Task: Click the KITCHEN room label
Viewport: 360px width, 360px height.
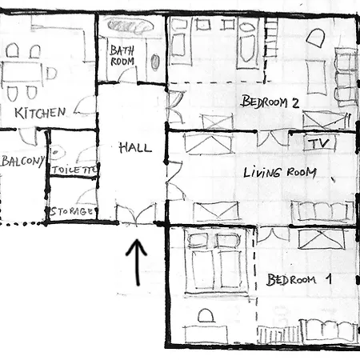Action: [x=40, y=113]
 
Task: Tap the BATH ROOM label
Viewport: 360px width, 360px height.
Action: [x=122, y=56]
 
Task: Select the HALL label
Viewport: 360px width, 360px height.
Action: [x=135, y=147]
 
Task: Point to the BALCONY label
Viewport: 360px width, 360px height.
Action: [x=22, y=161]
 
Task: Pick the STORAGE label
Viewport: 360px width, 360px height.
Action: [x=72, y=211]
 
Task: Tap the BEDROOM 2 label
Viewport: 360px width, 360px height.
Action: [x=270, y=102]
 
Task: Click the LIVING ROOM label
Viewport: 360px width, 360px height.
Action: [x=280, y=172]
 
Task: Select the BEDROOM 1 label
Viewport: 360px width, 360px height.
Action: [x=299, y=280]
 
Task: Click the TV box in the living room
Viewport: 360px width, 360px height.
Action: [x=320, y=144]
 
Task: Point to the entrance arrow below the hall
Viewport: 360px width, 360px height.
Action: [x=137, y=262]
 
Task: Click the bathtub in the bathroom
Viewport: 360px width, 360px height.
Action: [x=130, y=26]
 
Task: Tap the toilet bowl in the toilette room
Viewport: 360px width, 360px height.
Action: [x=58, y=153]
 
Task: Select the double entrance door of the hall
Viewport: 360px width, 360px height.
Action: [x=136, y=214]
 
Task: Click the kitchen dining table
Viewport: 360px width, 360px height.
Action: [x=22, y=71]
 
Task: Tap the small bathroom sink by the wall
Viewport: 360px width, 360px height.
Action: [x=155, y=62]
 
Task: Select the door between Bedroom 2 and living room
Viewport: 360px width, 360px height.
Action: [x=273, y=138]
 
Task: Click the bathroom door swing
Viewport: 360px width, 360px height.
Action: [x=127, y=74]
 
